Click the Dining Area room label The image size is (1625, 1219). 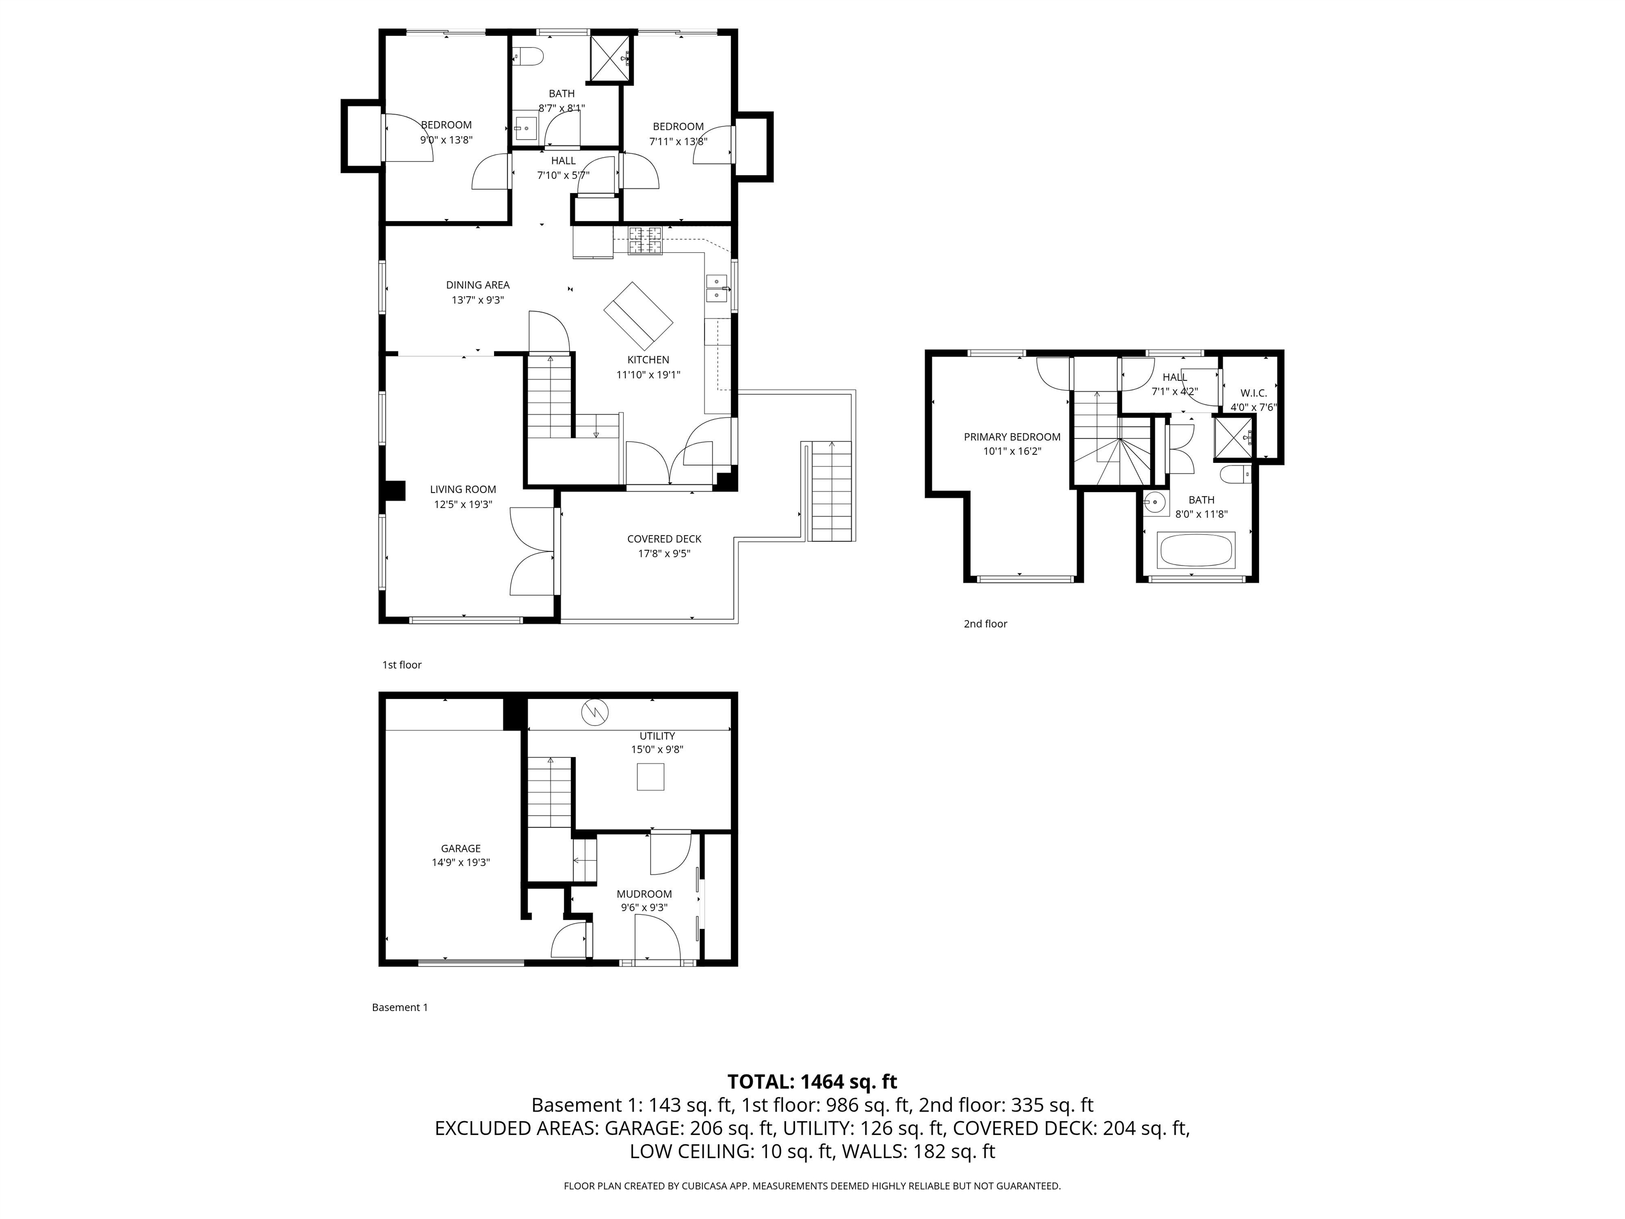478,285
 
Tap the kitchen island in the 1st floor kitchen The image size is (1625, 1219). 637,316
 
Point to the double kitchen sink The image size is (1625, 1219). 716,287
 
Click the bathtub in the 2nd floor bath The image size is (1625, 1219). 1196,550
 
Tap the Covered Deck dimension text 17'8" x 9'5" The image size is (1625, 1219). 663,553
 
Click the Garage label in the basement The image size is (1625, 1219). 461,848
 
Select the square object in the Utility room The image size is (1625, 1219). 650,777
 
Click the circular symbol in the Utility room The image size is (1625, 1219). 595,712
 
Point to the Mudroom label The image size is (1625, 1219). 644,894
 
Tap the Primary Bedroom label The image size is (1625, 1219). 1011,437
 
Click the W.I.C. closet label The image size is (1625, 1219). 1253,393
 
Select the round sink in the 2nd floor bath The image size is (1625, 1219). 1155,503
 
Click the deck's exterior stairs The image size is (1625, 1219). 832,491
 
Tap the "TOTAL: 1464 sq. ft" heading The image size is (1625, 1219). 812,1081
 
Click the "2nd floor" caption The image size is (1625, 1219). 985,624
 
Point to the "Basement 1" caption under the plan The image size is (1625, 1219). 400,1007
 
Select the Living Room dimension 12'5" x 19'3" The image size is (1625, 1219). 463,504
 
